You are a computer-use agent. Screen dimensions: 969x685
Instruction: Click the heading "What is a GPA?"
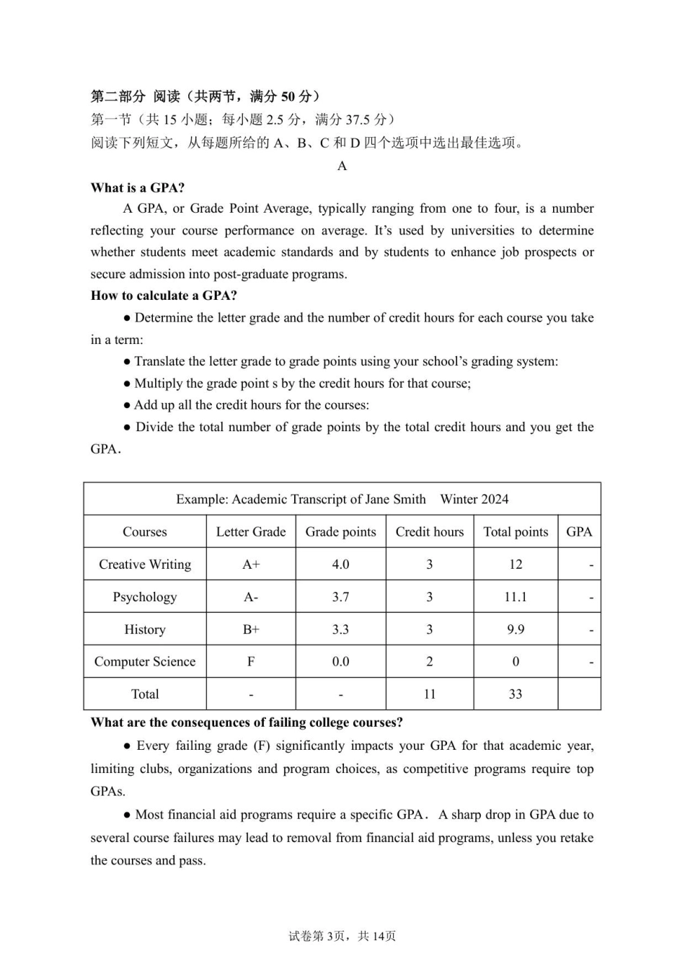point(137,187)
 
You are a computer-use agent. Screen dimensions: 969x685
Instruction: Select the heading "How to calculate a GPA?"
point(164,296)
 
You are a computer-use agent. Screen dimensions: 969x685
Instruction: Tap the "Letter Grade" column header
point(251,532)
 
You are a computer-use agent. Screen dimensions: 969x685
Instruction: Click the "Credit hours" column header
point(430,532)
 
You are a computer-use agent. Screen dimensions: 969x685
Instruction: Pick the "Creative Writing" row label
point(145,565)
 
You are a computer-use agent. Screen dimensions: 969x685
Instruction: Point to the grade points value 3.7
point(340,597)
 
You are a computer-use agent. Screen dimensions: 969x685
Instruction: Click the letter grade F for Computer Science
point(251,662)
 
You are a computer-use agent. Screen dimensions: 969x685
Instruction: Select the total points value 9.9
point(516,629)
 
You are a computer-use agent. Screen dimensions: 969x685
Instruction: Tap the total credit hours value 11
point(430,694)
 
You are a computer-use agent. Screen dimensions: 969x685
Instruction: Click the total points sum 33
point(516,694)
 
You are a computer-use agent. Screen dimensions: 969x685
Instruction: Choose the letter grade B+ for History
point(251,629)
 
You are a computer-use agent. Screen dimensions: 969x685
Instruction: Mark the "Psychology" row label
point(145,597)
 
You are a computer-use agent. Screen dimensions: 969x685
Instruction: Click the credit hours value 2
point(430,662)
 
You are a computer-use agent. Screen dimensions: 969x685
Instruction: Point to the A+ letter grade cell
point(251,565)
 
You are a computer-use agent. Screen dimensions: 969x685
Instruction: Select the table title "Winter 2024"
point(474,499)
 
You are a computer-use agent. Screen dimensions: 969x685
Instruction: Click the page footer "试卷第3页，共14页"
point(342,936)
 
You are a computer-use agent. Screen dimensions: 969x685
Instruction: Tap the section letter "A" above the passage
point(342,166)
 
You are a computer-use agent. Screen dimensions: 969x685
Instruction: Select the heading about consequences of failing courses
point(247,722)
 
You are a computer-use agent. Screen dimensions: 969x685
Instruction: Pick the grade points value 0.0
point(340,662)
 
